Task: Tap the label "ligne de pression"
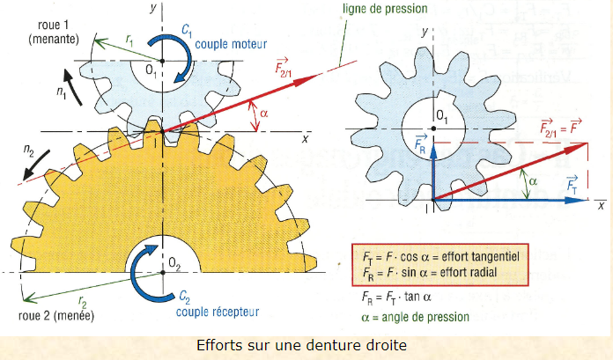click(386, 11)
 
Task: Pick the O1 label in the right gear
click(441, 113)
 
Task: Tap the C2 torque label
click(185, 297)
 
